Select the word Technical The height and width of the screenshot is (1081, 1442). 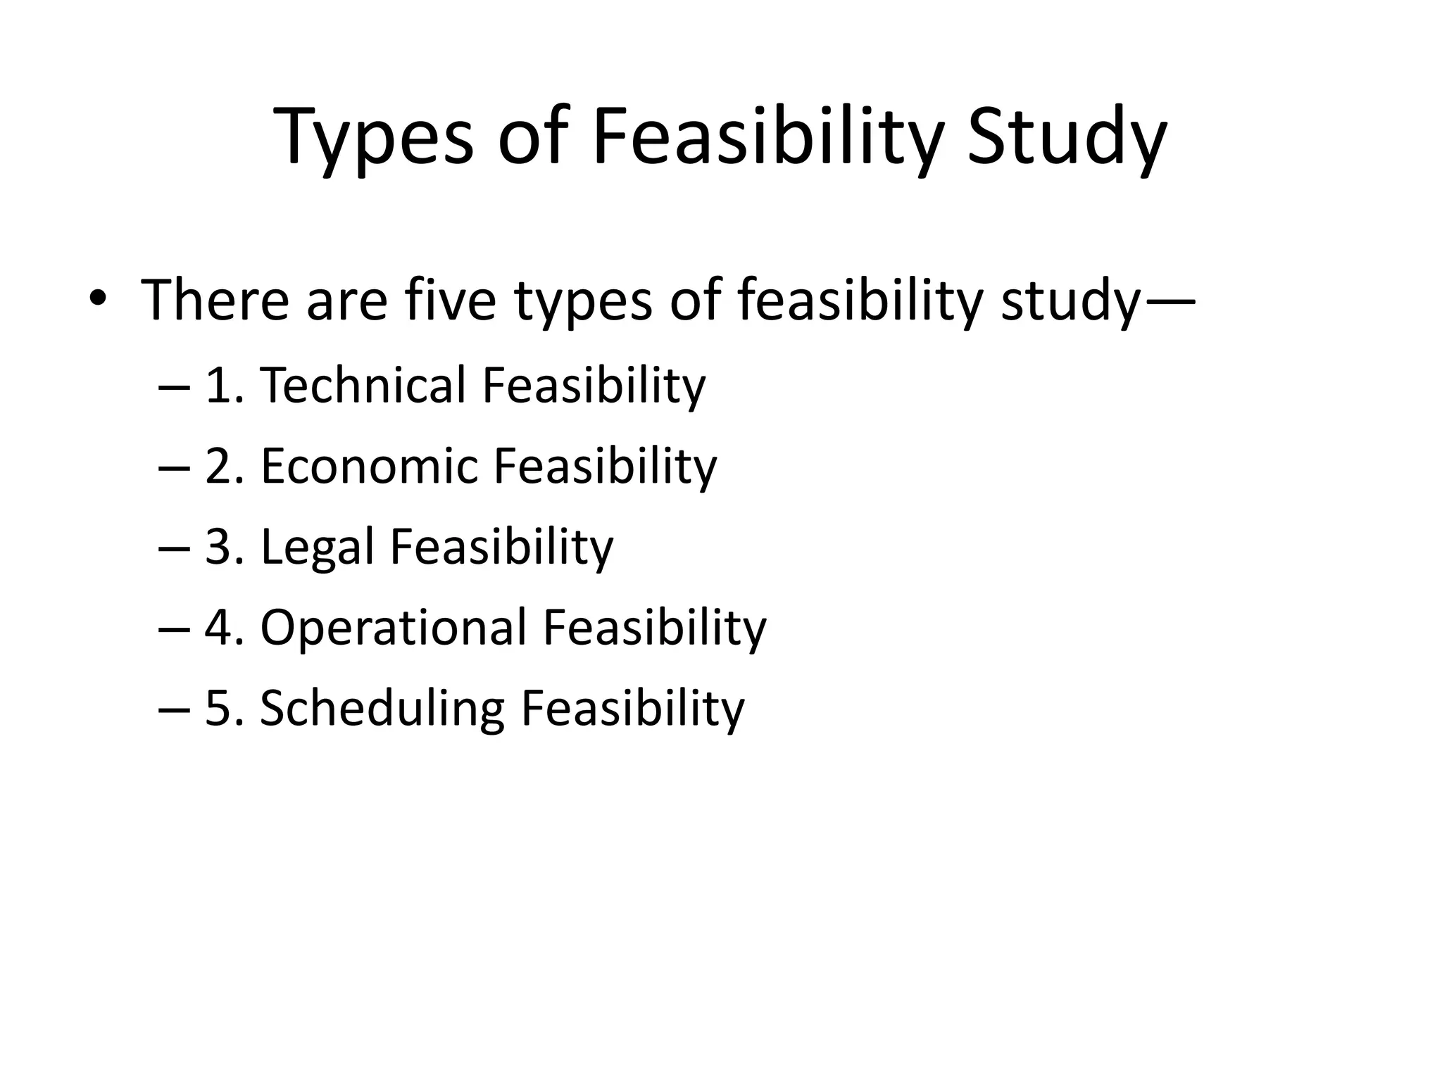click(363, 385)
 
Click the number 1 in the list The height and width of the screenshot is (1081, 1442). click(218, 386)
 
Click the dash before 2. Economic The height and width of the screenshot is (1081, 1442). click(175, 467)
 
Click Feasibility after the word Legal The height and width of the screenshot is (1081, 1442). click(501, 547)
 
